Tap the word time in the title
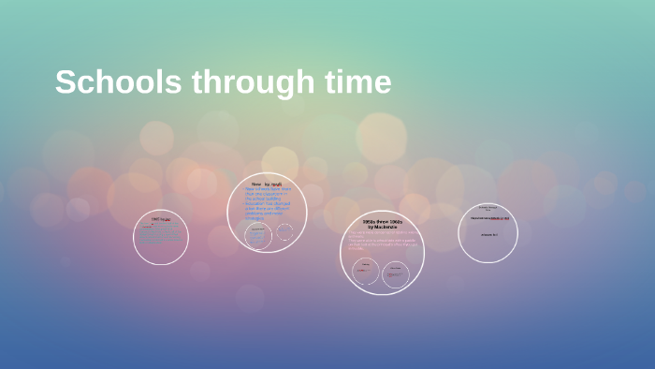pyautogui.click(x=357, y=82)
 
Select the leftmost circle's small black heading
pyautogui.click(x=161, y=218)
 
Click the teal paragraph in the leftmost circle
pyautogui.click(x=161, y=236)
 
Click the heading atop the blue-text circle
pyautogui.click(x=266, y=184)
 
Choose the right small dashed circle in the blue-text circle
pyautogui.click(x=284, y=231)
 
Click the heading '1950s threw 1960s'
pyautogui.click(x=382, y=222)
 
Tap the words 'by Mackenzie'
pyautogui.click(x=382, y=228)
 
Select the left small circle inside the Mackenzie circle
pyautogui.click(x=366, y=273)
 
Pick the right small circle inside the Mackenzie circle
pyautogui.click(x=397, y=273)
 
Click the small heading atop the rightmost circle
pyautogui.click(x=488, y=207)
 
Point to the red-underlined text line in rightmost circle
pyautogui.click(x=488, y=218)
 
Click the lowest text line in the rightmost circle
pyautogui.click(x=488, y=235)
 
